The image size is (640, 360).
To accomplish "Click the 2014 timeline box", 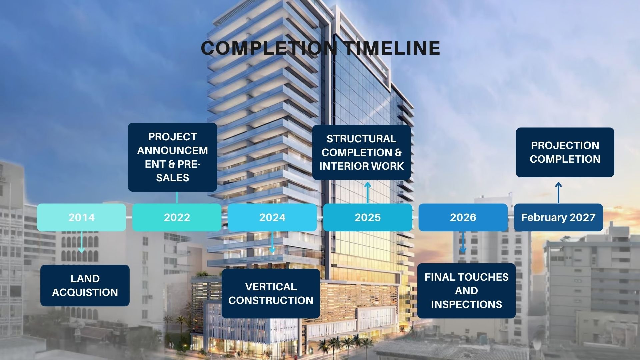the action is click(82, 217).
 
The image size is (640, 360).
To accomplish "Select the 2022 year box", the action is click(177, 217).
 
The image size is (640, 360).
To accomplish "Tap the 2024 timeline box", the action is click(272, 217).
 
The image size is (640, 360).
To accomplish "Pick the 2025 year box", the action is click(368, 217).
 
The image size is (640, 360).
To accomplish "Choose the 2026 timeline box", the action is click(463, 217).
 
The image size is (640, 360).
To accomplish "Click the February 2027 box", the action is click(558, 217).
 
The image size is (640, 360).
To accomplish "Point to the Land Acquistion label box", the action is click(85, 286).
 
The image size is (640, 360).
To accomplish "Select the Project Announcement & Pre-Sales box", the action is click(173, 157).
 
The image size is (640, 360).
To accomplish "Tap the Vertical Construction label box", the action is click(271, 293).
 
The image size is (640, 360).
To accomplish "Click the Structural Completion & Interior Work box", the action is click(362, 152).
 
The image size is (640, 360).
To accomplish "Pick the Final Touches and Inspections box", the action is click(466, 291).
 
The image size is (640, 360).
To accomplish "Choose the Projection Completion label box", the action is click(565, 152).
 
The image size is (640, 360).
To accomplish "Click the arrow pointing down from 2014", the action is click(82, 242).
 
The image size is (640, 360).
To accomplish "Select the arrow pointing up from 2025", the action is click(368, 193).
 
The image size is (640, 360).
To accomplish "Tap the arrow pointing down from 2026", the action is click(463, 242).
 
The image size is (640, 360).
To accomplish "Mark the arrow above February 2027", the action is click(559, 193).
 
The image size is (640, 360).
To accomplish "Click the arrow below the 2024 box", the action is click(272, 242).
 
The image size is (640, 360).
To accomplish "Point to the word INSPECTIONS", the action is click(466, 304).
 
